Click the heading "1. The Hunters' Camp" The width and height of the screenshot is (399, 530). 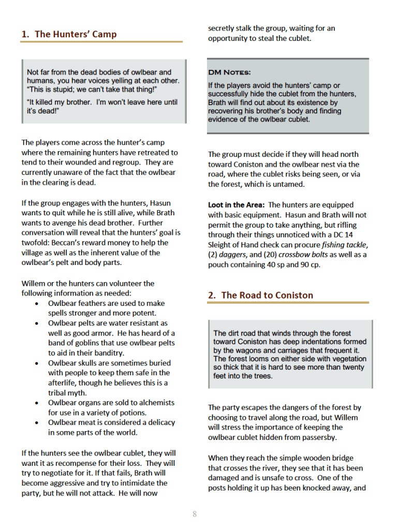[x=69, y=34]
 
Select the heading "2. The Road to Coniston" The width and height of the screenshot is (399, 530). [x=260, y=295]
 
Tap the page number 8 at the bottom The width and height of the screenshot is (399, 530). [x=195, y=514]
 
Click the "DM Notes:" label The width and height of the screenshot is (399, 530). [x=229, y=72]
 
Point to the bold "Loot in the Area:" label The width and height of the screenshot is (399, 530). [x=237, y=205]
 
